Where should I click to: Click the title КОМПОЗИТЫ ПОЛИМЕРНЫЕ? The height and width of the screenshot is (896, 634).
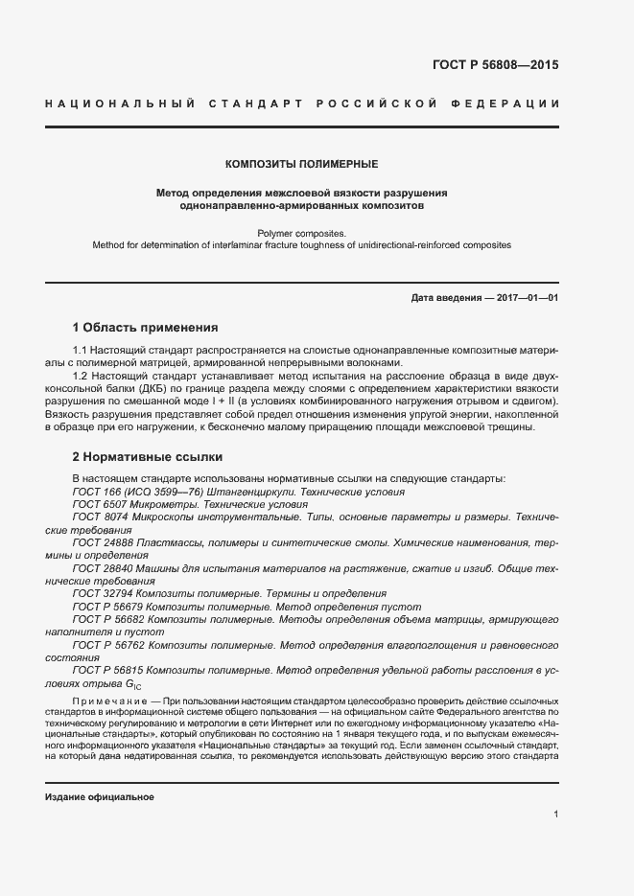[301, 164]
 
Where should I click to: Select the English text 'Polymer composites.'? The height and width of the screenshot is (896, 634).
[301, 232]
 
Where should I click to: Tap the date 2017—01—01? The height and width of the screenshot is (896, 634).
[528, 298]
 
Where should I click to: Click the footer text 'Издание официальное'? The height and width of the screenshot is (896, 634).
[100, 797]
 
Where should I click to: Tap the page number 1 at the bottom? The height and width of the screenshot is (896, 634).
[555, 814]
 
